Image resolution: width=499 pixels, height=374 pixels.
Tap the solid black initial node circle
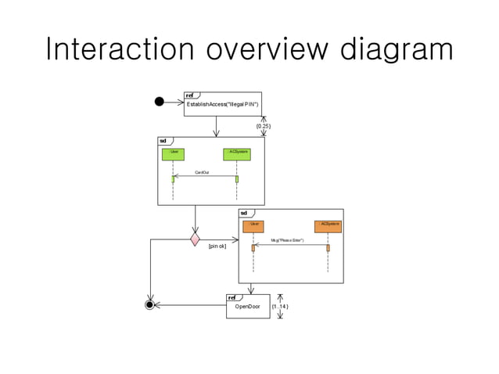pos(160,101)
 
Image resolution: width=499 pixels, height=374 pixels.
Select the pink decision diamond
pos(195,238)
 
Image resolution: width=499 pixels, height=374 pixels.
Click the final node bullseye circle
pos(150,304)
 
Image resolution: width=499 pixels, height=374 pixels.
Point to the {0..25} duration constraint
pos(264,125)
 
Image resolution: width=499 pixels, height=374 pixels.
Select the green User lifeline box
pos(173,153)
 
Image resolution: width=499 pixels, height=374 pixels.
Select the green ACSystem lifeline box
pos(236,153)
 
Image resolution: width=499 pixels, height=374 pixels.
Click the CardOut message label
pos(202,171)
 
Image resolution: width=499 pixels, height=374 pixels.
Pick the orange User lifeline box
pos(253,225)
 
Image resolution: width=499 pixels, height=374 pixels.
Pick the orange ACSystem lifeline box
pos(328,225)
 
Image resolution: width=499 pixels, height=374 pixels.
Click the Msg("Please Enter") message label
pos(287,240)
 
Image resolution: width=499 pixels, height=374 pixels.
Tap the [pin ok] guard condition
pos(217,246)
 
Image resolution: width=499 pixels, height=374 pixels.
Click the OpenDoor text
pos(248,307)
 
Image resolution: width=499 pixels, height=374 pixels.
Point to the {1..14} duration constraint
pos(280,307)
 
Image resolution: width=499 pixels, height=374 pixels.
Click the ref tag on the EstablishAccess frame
pos(189,95)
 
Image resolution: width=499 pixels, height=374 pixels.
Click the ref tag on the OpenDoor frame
pos(232,297)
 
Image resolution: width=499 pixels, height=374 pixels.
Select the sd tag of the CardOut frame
pos(163,141)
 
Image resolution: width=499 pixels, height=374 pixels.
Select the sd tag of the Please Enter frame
pos(243,213)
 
